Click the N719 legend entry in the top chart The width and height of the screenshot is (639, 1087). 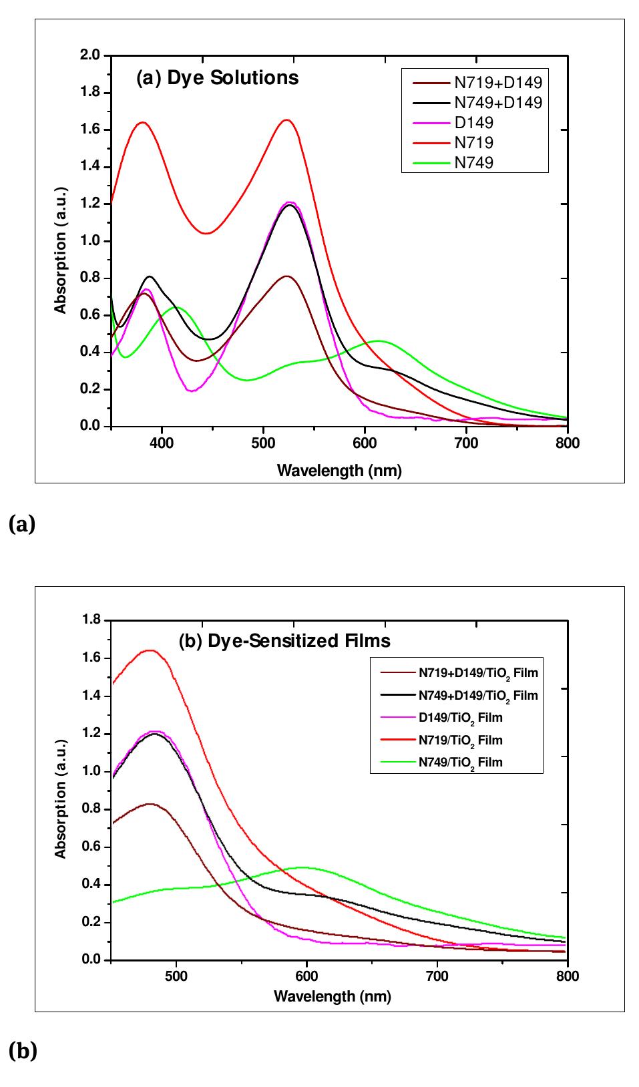pyautogui.click(x=473, y=143)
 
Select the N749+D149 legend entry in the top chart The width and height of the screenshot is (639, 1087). pyautogui.click(x=497, y=103)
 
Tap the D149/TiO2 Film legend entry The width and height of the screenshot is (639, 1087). pyautogui.click(x=460, y=718)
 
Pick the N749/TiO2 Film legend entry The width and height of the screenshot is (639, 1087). pyautogui.click(x=460, y=762)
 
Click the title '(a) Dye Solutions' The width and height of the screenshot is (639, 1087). pyautogui.click(x=218, y=78)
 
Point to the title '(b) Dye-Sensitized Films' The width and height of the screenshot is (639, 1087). pyautogui.click(x=284, y=641)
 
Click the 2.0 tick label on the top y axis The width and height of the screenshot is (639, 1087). pyautogui.click(x=89, y=55)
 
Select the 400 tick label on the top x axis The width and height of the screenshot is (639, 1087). pyautogui.click(x=162, y=443)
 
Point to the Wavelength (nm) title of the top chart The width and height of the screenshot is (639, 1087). pyautogui.click(x=339, y=471)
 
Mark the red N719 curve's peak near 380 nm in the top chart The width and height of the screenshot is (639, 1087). pyautogui.click(x=142, y=122)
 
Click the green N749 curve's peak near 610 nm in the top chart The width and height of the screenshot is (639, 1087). pyautogui.click(x=378, y=341)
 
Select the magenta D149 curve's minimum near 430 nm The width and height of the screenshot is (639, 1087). pyautogui.click(x=192, y=391)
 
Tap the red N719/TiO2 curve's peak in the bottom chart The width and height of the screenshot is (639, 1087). pyautogui.click(x=151, y=650)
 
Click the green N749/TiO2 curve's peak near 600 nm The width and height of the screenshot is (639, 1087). pyautogui.click(x=304, y=867)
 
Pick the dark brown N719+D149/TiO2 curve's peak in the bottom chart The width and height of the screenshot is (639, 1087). pyautogui.click(x=150, y=804)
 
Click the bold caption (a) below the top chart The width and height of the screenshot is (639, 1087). pyautogui.click(x=22, y=525)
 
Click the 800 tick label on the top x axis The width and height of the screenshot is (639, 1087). pyautogui.click(x=567, y=443)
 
